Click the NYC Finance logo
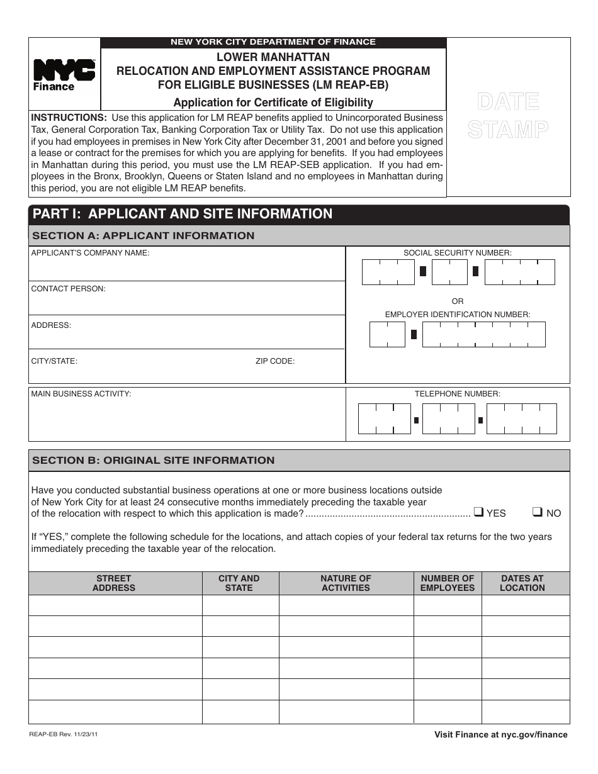(x=64, y=75)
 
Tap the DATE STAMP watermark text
(x=508, y=115)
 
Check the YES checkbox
(x=478, y=512)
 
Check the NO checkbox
(x=538, y=512)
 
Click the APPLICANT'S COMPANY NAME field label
(x=91, y=253)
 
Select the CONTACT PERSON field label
(x=69, y=289)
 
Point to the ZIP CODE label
(x=274, y=361)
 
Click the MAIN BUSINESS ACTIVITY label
(x=81, y=394)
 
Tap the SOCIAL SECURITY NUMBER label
(x=458, y=253)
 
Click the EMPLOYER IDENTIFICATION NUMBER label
(x=458, y=314)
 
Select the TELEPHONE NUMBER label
(x=458, y=394)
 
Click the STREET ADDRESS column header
(x=114, y=583)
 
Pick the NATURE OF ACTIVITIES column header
(x=346, y=583)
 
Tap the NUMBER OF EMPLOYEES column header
(x=448, y=583)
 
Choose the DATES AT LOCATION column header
(x=522, y=583)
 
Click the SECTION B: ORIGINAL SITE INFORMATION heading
(x=153, y=461)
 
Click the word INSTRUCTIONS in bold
(x=69, y=118)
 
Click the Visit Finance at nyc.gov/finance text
(x=500, y=734)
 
